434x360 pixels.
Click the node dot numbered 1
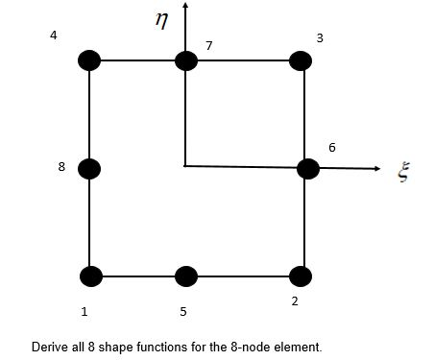pyautogui.click(x=90, y=276)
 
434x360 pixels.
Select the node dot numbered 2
pyautogui.click(x=301, y=276)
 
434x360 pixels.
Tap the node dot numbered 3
pyautogui.click(x=301, y=60)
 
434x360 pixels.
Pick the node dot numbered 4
pyautogui.click(x=89, y=60)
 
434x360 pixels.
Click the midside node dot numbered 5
pyautogui.click(x=185, y=276)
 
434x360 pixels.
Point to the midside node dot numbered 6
pyautogui.click(x=308, y=169)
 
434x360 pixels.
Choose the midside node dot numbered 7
pyautogui.click(x=186, y=60)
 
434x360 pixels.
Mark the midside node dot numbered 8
pyautogui.click(x=89, y=169)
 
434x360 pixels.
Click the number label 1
pyautogui.click(x=85, y=312)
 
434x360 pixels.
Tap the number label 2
pyautogui.click(x=295, y=301)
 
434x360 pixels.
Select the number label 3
pyautogui.click(x=319, y=37)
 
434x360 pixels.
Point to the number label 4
pyautogui.click(x=54, y=36)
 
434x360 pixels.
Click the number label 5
pyautogui.click(x=182, y=312)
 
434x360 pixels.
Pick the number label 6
pyautogui.click(x=332, y=148)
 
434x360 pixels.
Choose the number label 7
pyautogui.click(x=208, y=45)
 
